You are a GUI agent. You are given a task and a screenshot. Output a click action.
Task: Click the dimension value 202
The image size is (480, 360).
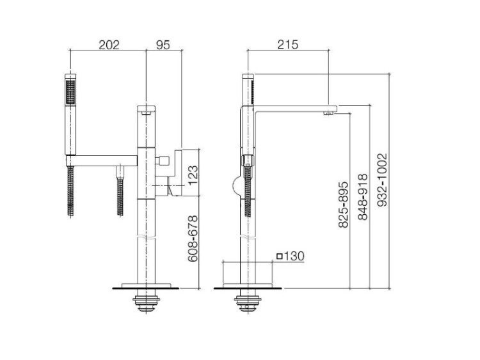pos(109,45)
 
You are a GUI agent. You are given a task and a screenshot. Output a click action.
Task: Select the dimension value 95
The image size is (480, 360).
pos(163,45)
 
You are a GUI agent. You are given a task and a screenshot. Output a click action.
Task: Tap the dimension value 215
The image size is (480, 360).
pos(288,45)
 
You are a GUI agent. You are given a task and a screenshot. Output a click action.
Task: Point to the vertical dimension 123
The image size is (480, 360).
pos(193,175)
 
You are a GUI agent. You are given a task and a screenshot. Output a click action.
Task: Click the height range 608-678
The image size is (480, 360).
pos(193,239)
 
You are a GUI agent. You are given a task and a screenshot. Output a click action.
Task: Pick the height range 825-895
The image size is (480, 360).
pos(344,205)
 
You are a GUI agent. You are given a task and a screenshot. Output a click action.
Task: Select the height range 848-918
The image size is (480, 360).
pos(363,197)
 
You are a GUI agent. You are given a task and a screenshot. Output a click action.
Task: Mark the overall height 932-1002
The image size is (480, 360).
pos(382,180)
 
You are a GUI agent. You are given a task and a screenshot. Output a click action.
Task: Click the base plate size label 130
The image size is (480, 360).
pos(294,256)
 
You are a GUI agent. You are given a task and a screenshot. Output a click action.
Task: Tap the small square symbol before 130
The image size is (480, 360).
pos(279,256)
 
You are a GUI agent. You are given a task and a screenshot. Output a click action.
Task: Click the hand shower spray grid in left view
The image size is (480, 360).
pos(70,92)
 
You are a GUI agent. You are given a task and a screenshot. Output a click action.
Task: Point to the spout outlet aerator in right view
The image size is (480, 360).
pos(328,113)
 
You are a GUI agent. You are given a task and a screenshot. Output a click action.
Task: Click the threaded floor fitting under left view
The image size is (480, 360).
pos(147,304)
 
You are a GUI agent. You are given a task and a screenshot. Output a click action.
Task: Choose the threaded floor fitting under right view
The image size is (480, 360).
pos(247,304)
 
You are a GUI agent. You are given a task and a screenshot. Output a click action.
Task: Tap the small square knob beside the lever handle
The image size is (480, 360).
pos(162,160)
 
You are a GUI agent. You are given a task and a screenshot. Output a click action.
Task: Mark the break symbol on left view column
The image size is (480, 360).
pos(147,238)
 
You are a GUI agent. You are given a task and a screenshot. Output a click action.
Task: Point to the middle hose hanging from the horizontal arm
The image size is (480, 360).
pos(120,192)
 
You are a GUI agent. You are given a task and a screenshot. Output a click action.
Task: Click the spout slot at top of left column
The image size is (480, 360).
pos(147,113)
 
